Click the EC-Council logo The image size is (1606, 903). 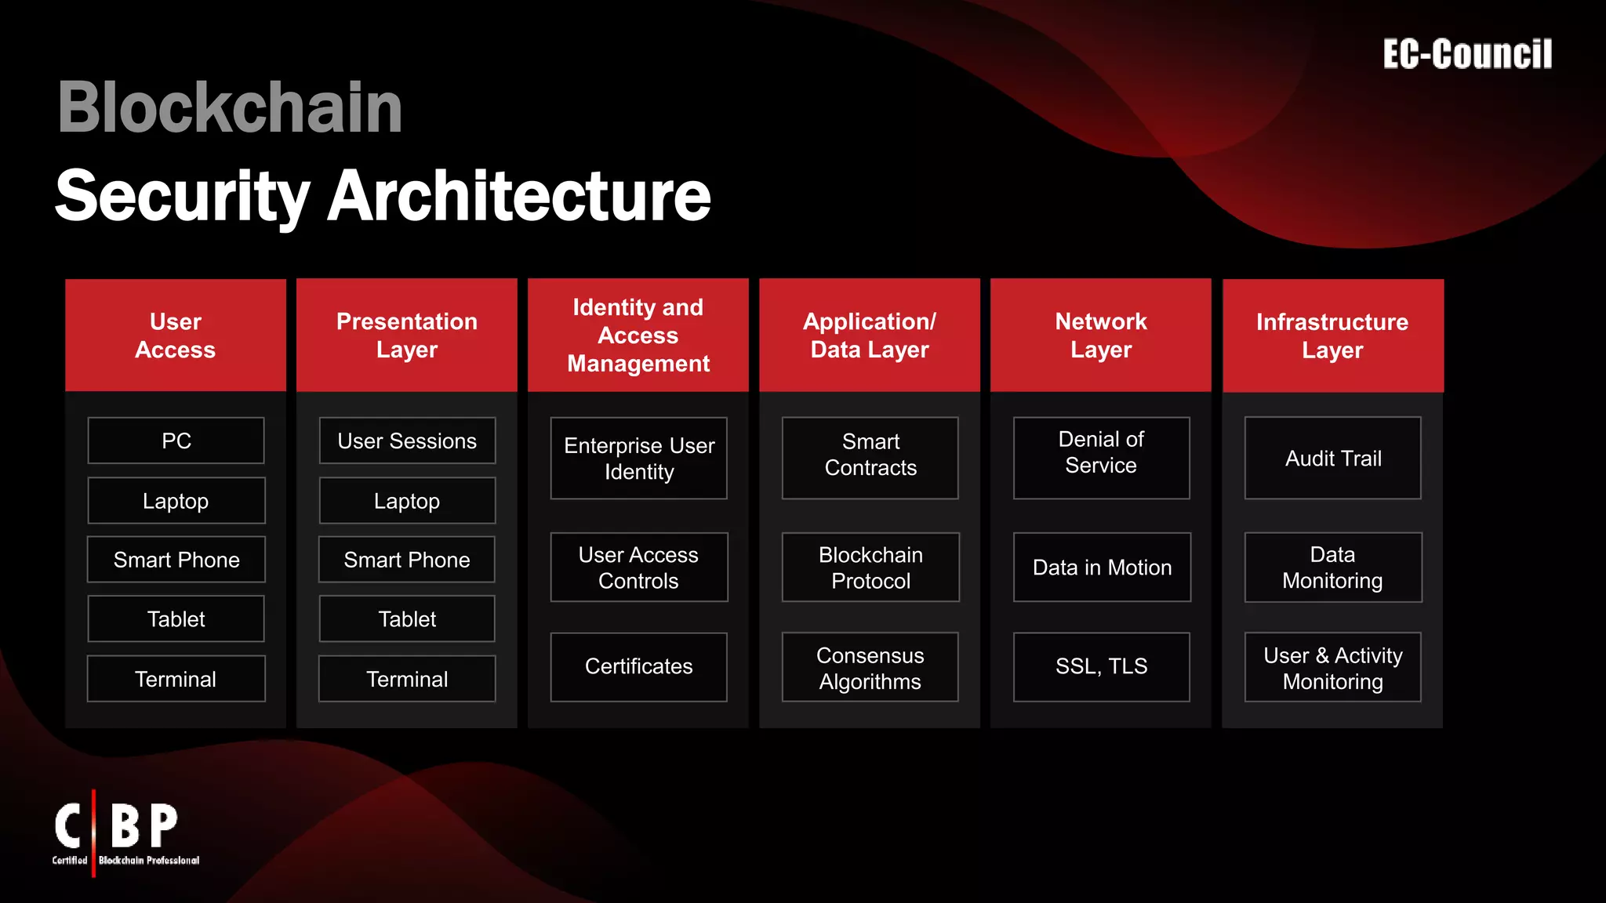point(1467,54)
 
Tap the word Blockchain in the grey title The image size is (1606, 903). point(230,107)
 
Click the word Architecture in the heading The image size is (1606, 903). point(518,196)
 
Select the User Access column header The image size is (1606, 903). point(176,335)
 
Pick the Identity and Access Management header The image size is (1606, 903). point(638,335)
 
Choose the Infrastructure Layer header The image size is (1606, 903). point(1332,335)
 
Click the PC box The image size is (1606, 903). point(176,441)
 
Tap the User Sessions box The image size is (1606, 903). point(407,441)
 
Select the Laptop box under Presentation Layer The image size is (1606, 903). point(407,501)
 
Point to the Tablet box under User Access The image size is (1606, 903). point(176,619)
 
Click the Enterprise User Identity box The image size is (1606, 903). point(638,459)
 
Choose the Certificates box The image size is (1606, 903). point(638,666)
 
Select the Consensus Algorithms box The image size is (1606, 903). point(870,668)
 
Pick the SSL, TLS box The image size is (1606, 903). point(1101,666)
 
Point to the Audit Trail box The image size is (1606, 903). point(1333,459)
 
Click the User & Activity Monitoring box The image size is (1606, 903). point(1333,668)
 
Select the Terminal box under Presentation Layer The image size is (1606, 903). point(407,679)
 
